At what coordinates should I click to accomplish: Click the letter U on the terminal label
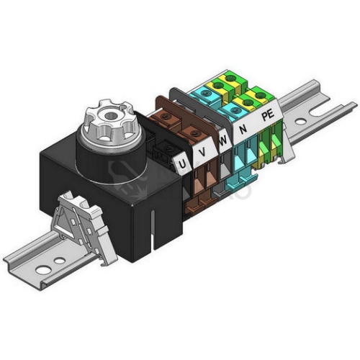(x=182, y=165)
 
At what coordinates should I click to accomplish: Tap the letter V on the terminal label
(x=203, y=152)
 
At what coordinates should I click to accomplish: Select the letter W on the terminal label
(x=223, y=140)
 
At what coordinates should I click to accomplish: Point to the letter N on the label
(x=243, y=130)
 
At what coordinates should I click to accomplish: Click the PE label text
(x=268, y=115)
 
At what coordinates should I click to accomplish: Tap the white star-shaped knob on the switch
(x=107, y=122)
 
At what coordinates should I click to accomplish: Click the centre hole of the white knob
(x=111, y=116)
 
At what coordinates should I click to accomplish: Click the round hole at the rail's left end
(x=43, y=270)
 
